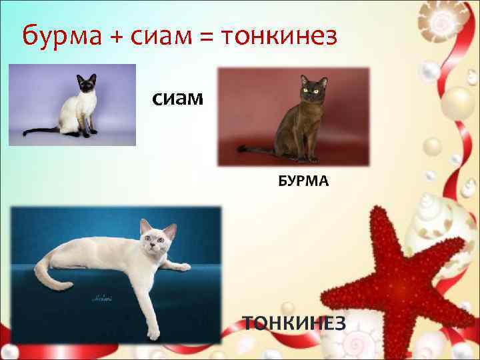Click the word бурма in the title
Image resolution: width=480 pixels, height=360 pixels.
point(59,35)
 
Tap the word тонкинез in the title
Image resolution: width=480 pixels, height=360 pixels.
point(281,35)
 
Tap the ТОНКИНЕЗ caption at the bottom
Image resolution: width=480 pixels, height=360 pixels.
point(294,323)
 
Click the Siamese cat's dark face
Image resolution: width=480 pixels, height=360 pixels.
point(86,87)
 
